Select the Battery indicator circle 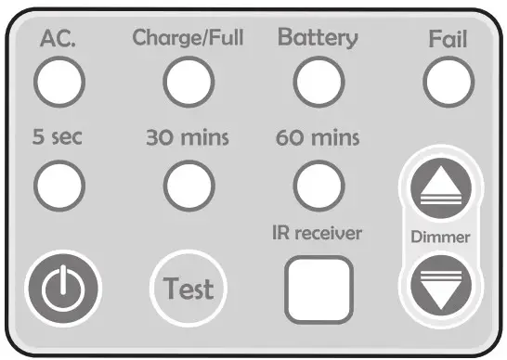pyautogui.click(x=317, y=83)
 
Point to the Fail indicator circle pyautogui.click(x=447, y=83)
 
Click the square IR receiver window pyautogui.click(x=318, y=288)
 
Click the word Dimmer pyautogui.click(x=440, y=237)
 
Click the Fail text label pyautogui.click(x=447, y=40)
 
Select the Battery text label pyautogui.click(x=318, y=38)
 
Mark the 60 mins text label pyautogui.click(x=318, y=139)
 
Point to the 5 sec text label pyautogui.click(x=57, y=139)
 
